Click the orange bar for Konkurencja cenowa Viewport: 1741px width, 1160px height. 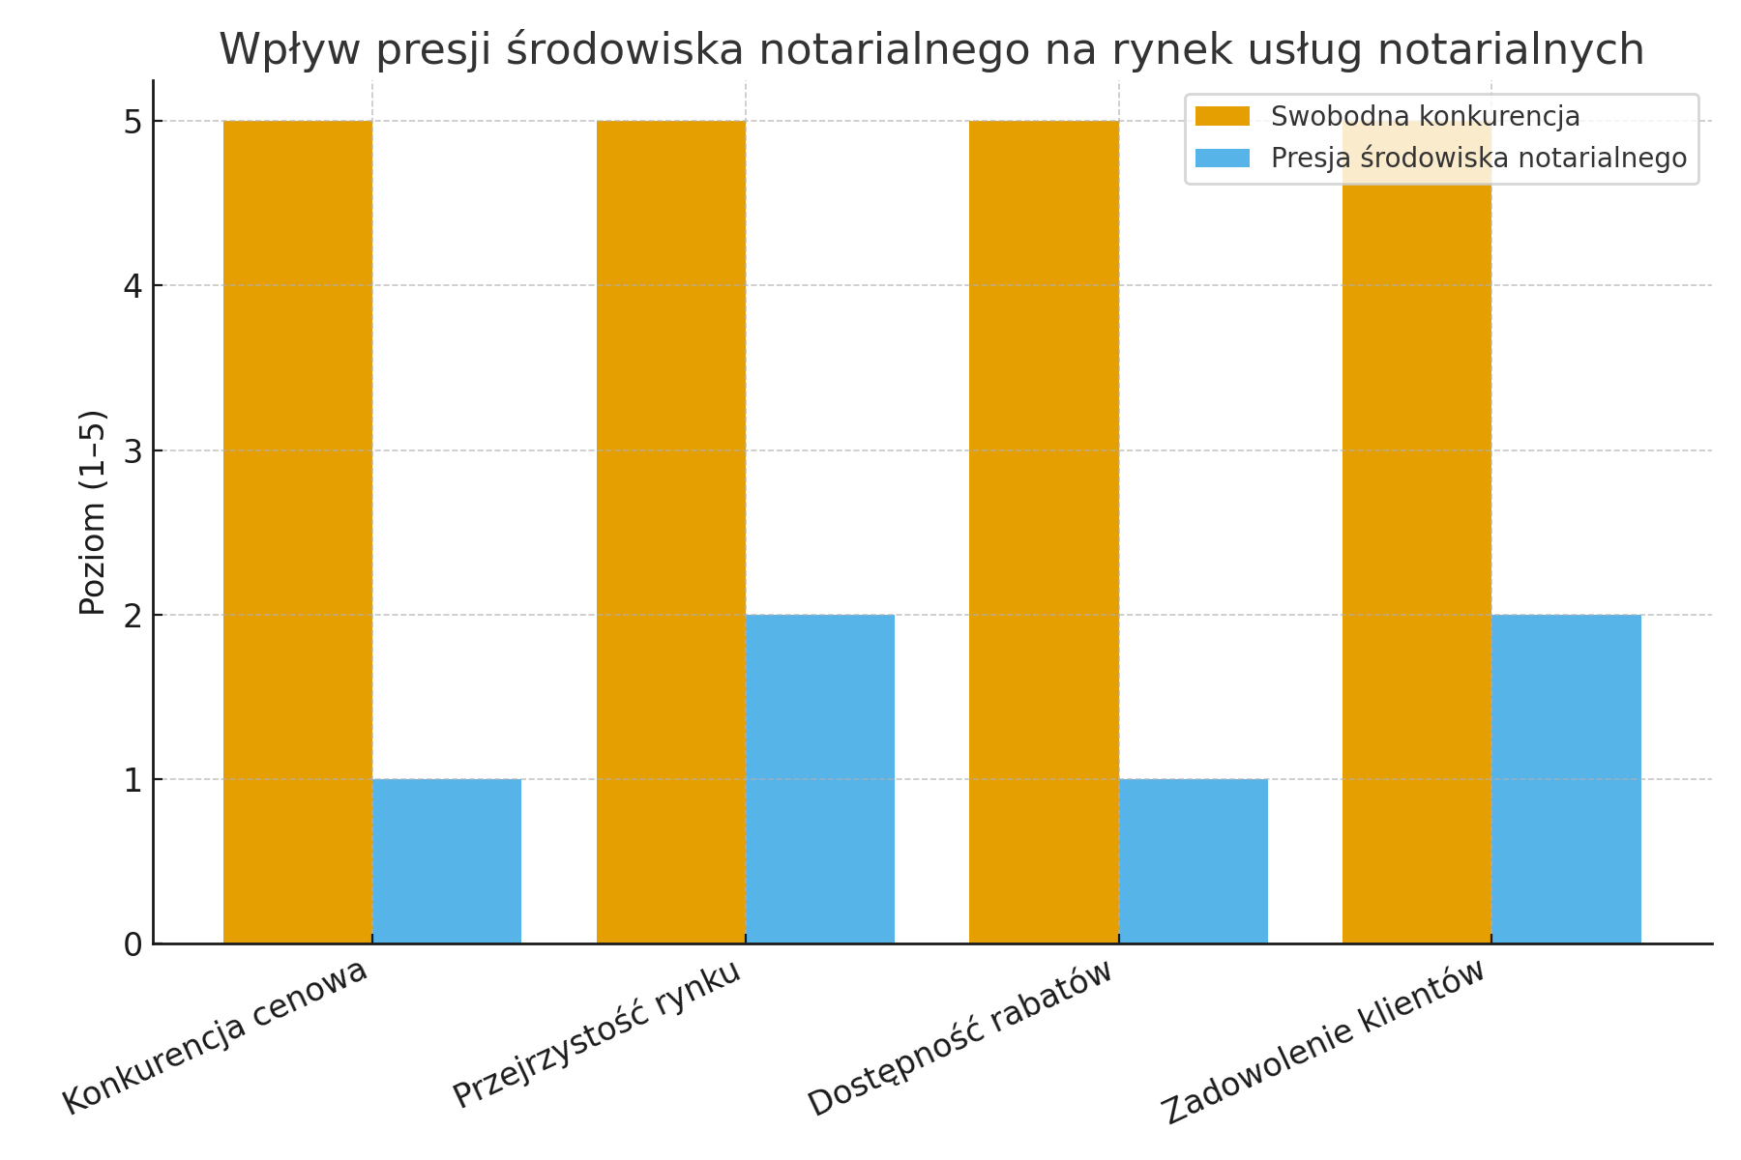coord(298,532)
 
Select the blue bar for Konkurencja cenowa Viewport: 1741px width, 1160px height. coord(447,861)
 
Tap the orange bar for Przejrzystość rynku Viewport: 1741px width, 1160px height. coord(671,532)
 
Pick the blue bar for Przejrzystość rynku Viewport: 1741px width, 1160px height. coord(820,779)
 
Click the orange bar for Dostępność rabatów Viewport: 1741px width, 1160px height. coord(1044,532)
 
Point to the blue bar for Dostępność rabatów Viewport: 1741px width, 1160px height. coord(1194,861)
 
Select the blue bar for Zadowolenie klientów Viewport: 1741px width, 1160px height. coord(1566,779)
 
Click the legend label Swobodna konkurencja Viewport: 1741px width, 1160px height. coord(1425,117)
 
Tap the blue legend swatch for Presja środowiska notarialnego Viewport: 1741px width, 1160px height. coord(1223,158)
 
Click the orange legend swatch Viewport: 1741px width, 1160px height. coord(1223,117)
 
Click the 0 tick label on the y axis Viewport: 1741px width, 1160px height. coord(133,944)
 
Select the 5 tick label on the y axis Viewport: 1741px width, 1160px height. coord(133,123)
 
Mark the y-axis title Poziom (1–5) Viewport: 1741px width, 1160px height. coord(93,512)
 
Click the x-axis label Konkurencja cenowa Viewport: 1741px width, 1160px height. coord(216,1036)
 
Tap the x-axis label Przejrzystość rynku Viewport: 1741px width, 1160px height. coord(598,1034)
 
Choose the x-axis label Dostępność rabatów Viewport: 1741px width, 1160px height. coord(960,1039)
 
